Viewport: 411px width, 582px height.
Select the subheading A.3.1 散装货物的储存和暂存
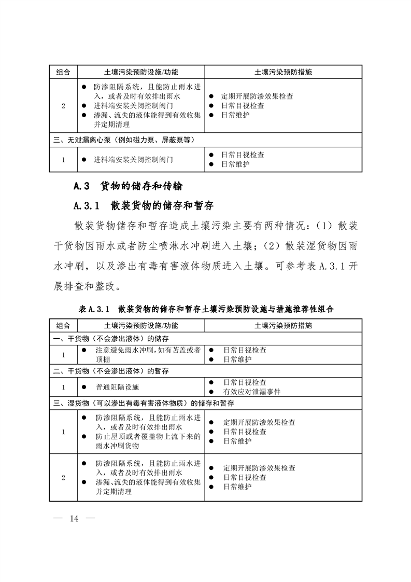(144, 205)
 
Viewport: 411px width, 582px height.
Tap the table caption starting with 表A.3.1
(206, 309)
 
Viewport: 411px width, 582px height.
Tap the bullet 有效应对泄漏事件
(252, 392)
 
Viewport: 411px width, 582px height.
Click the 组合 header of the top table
(63, 72)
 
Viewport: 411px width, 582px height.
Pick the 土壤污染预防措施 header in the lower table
(283, 326)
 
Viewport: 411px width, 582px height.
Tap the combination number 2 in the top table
(63, 106)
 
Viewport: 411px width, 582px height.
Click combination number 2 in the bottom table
(63, 478)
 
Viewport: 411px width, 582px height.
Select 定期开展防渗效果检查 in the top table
(257, 96)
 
